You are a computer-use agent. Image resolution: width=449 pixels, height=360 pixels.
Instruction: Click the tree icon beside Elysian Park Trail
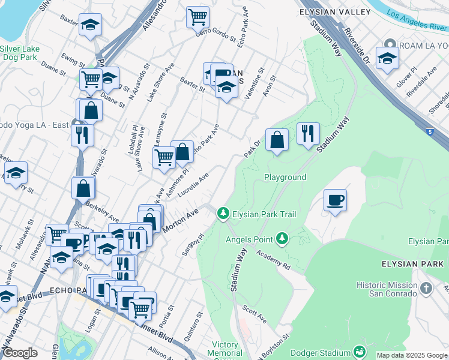coord(223,212)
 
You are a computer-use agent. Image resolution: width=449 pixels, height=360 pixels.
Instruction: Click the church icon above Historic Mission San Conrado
coord(426,288)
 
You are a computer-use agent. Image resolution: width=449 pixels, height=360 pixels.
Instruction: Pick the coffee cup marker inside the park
coord(336,200)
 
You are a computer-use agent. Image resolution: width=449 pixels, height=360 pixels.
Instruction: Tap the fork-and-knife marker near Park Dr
coord(308,133)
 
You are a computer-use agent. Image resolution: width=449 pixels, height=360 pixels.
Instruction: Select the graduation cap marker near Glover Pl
coord(387,58)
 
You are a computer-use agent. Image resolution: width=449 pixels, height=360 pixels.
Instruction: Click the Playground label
coord(286,177)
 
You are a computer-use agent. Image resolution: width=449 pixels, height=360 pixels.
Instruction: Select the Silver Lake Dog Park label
coord(19,53)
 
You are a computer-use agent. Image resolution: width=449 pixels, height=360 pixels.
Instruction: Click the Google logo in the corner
coord(19,353)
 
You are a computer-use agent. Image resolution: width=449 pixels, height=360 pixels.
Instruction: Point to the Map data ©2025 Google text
coord(412,355)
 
